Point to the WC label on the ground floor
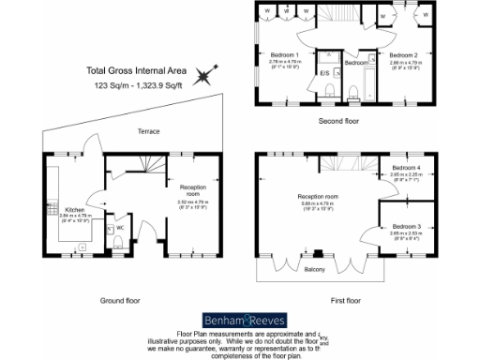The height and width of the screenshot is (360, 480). [120, 228]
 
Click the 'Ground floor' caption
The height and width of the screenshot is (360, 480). [119, 301]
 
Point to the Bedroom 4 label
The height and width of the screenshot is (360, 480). [407, 168]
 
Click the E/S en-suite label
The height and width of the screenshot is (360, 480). [324, 72]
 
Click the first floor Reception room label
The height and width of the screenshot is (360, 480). [318, 195]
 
